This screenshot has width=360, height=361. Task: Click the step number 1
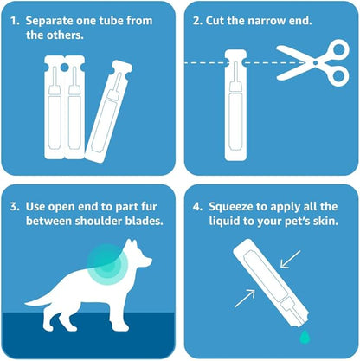click(15, 21)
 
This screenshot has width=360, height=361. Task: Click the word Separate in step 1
click(48, 22)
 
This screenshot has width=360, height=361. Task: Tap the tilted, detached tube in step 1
click(109, 111)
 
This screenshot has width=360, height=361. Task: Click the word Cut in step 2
click(215, 21)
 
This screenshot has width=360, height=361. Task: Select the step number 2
click(197, 21)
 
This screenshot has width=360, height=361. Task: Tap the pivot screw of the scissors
click(315, 62)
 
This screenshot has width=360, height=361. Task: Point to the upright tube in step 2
click(235, 105)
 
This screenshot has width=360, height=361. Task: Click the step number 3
click(15, 207)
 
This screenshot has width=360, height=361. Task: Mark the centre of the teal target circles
click(107, 264)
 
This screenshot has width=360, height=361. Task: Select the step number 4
click(197, 207)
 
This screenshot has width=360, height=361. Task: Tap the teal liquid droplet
click(305, 337)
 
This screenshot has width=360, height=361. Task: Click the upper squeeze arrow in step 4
click(291, 259)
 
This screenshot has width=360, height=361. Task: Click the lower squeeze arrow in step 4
click(245, 299)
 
